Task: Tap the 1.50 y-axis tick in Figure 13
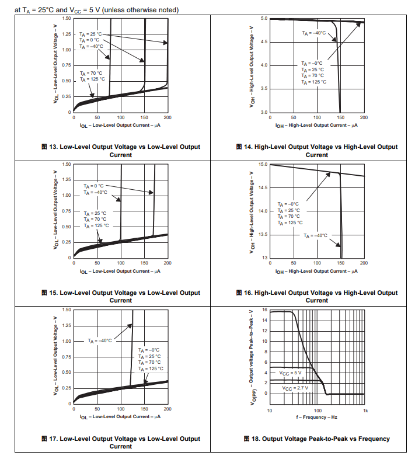67,19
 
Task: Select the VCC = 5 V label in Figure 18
290,373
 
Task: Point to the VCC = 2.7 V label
294,388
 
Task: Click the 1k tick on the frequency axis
365,411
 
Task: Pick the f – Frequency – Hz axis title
316,417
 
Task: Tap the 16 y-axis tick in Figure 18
264,310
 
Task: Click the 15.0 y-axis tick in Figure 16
263,165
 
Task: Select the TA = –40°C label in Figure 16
315,235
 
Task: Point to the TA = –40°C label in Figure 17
100,340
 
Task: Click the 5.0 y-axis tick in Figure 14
264,19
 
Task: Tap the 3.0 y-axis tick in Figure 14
264,112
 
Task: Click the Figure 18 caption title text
326,439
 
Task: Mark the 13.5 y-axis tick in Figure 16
263,234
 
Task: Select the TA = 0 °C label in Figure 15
93,186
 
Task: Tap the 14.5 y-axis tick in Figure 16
263,187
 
